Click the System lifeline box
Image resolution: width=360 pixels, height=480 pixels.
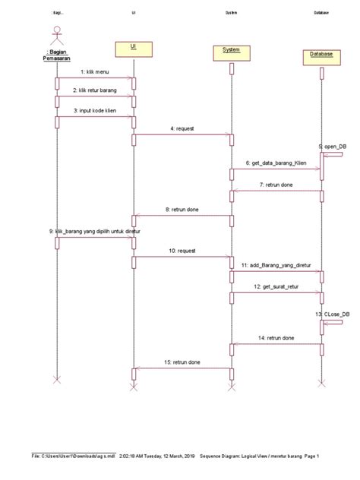(232, 51)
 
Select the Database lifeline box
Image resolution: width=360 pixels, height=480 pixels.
(321, 55)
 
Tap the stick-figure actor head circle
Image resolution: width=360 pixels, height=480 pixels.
(55, 30)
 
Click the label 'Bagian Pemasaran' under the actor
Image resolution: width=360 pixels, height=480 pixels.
(56, 55)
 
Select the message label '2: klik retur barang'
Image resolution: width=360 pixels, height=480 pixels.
(95, 90)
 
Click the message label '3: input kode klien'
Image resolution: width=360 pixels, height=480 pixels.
(95, 110)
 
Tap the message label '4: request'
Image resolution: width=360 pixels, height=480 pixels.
(182, 128)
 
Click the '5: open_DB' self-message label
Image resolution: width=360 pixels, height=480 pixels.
(333, 145)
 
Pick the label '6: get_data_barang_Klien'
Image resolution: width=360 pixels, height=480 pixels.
(277, 163)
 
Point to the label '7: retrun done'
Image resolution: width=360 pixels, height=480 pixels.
(277, 184)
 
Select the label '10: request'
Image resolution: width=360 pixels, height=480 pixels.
(182, 250)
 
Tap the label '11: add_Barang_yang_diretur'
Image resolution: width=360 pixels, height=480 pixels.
(277, 265)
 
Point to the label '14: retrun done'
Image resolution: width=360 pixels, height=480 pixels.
(277, 336)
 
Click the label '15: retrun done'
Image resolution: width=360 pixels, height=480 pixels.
(182, 362)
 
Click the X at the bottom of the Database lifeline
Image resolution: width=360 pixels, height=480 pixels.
(321, 382)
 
